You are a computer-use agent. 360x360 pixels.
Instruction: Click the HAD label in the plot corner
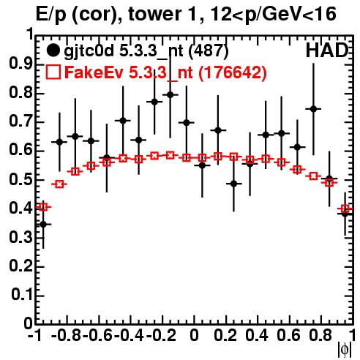(326, 50)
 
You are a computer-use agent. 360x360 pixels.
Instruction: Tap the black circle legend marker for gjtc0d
(53, 50)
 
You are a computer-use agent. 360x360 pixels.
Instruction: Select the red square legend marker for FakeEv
(53, 72)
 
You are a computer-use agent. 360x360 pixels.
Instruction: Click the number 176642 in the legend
(233, 72)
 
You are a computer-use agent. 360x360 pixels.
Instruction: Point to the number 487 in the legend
(209, 50)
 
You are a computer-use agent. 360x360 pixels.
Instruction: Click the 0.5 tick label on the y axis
(20, 180)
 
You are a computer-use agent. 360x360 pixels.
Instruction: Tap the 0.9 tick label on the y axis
(20, 64)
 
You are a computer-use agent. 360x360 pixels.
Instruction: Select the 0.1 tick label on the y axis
(21, 295)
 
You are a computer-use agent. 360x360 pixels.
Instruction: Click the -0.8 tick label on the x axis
(67, 336)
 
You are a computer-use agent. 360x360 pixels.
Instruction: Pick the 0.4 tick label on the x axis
(257, 336)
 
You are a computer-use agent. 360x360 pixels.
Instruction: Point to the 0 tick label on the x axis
(194, 336)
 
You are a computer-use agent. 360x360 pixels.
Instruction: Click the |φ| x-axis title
(345, 350)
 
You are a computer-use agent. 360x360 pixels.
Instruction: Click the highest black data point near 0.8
(170, 94)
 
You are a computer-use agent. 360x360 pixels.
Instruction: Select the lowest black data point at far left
(43, 224)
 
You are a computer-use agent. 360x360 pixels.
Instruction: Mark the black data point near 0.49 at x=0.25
(233, 184)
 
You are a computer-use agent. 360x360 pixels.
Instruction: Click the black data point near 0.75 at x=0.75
(313, 109)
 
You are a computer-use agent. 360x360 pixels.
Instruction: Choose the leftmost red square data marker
(43, 207)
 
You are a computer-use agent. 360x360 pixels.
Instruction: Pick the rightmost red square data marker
(345, 209)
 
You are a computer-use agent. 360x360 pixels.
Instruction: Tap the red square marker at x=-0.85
(59, 184)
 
